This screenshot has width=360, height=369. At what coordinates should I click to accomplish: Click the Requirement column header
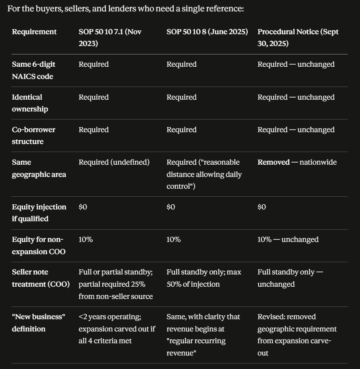tap(34, 32)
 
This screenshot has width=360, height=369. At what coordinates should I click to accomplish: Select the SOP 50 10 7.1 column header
tap(110, 38)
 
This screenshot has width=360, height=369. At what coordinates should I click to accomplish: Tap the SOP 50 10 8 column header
tap(207, 32)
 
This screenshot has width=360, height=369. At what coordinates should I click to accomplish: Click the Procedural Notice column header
tap(298, 38)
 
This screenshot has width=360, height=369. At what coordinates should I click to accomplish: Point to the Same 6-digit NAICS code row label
tap(33, 70)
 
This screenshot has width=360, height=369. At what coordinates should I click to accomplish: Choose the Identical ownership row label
tap(30, 103)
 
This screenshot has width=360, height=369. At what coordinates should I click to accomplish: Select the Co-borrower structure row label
tap(33, 136)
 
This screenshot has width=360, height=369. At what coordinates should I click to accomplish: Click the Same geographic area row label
tap(39, 168)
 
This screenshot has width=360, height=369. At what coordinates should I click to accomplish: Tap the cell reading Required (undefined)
tap(114, 162)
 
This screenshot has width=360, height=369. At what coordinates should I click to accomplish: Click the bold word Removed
tap(273, 162)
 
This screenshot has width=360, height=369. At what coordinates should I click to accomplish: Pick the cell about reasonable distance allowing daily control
tap(204, 174)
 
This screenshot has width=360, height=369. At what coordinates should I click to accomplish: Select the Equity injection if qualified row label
tap(39, 213)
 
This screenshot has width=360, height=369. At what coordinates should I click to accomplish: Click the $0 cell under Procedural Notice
tap(262, 207)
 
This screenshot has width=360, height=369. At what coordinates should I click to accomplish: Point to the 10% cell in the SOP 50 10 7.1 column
tap(86, 239)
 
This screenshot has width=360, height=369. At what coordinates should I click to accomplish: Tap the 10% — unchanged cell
tap(288, 239)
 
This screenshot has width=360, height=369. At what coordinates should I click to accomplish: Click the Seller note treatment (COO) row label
tap(41, 278)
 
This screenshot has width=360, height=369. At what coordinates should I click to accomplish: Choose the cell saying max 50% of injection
tap(204, 278)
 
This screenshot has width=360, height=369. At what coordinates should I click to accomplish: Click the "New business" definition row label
tap(38, 323)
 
